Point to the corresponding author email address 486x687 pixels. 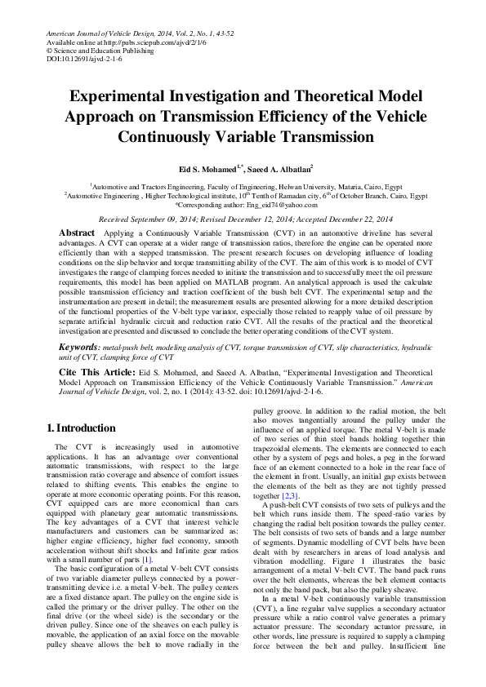pyautogui.click(x=277, y=206)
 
